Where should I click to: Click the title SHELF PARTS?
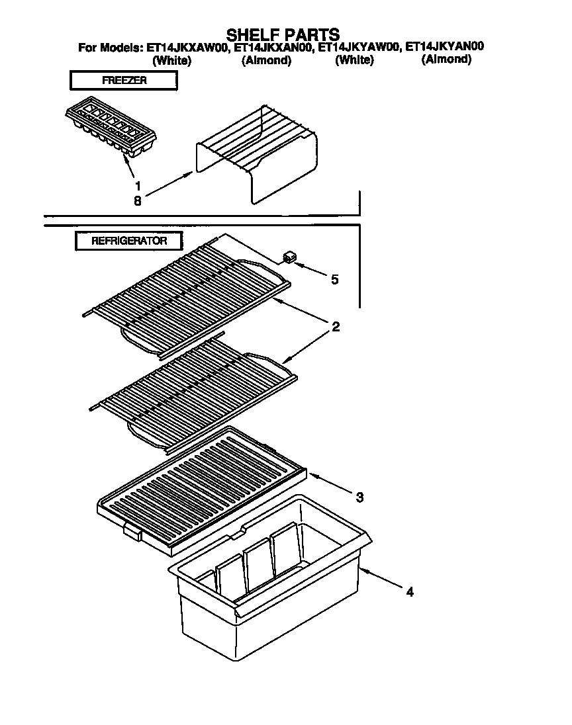[x=283, y=34]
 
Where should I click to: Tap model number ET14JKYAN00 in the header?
[x=444, y=47]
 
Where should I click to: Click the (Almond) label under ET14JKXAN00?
[x=266, y=60]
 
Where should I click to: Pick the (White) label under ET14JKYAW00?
[x=354, y=60]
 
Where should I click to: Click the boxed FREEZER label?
[x=124, y=81]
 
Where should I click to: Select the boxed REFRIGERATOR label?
[x=128, y=241]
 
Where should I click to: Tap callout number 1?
[x=138, y=186]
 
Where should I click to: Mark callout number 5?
[x=334, y=279]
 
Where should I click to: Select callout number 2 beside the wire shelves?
[x=336, y=327]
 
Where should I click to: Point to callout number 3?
[x=359, y=497]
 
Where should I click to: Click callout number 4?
[x=409, y=592]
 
